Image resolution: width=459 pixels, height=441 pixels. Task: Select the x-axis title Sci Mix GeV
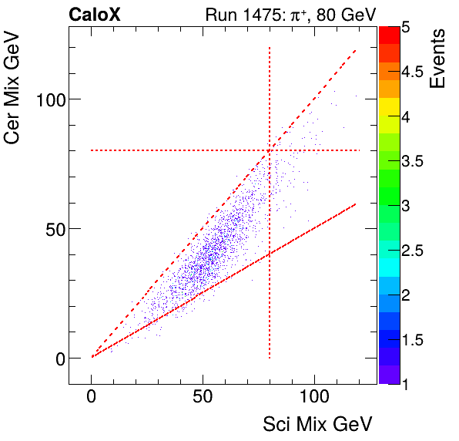click(x=317, y=423)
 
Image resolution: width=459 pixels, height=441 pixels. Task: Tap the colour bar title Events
click(x=438, y=59)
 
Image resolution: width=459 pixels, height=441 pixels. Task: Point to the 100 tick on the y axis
click(x=51, y=99)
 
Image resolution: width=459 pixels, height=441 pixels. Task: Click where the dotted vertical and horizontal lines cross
click(x=270, y=150)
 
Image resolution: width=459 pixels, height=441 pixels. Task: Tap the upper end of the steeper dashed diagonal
click(x=356, y=50)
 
